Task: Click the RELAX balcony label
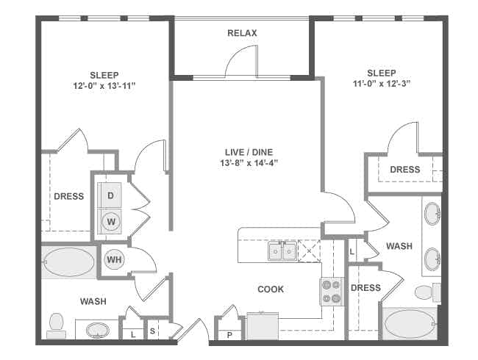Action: click(242, 33)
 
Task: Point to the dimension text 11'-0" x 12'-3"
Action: click(381, 84)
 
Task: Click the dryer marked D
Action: click(110, 195)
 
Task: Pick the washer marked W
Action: click(110, 221)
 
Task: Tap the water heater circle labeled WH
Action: click(114, 259)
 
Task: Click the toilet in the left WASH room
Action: click(55, 322)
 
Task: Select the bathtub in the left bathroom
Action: click(69, 261)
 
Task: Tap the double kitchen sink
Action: click(282, 251)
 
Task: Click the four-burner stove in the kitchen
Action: click(331, 292)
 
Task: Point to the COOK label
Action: click(271, 289)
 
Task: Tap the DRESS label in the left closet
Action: click(68, 196)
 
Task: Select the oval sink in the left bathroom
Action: click(96, 330)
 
